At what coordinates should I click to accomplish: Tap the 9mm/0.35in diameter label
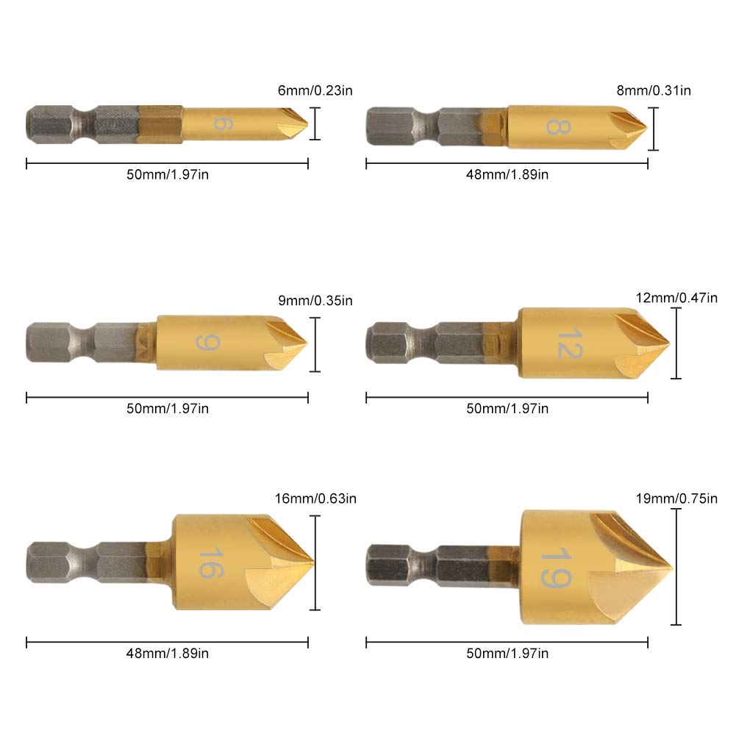314,300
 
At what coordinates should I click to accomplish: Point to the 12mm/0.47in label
676,298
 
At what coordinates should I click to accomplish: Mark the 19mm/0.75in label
676,499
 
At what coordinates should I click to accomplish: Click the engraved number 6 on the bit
219,122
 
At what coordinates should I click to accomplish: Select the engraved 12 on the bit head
568,343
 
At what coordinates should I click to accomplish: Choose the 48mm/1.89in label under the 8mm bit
507,174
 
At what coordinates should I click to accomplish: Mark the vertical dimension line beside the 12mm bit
676,343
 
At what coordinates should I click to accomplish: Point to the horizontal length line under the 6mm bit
167,163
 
